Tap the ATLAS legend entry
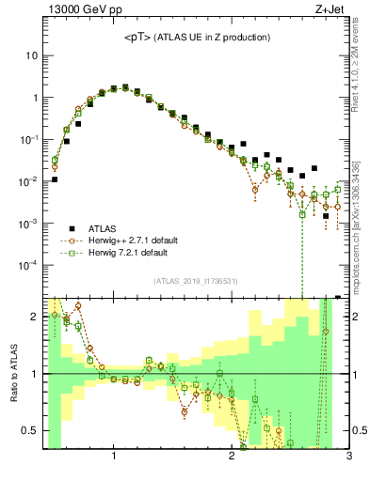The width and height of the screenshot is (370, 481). [104, 227]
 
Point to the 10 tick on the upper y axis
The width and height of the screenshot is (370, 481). [31, 55]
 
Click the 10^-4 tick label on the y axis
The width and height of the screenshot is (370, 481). [28, 266]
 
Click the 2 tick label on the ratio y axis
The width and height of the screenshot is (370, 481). [34, 316]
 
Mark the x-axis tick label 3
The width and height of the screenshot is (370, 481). [349, 458]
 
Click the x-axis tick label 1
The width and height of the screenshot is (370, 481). [114, 458]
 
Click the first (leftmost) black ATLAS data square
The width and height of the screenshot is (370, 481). [55, 179]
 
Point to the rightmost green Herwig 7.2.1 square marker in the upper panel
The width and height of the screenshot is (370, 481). [337, 189]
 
